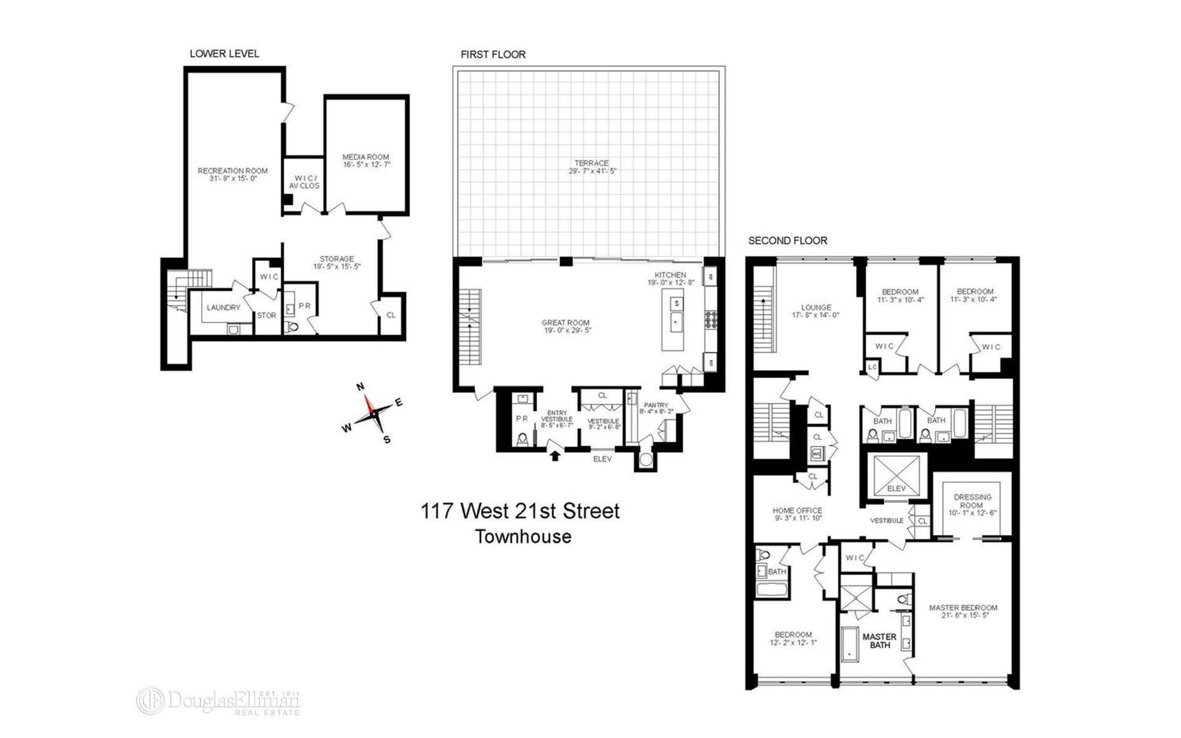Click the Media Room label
366,157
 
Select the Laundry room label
223,307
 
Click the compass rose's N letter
361,387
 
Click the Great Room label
565,322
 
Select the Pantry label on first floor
656,405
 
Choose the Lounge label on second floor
816,307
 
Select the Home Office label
797,510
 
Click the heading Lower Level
225,54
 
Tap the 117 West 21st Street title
520,511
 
